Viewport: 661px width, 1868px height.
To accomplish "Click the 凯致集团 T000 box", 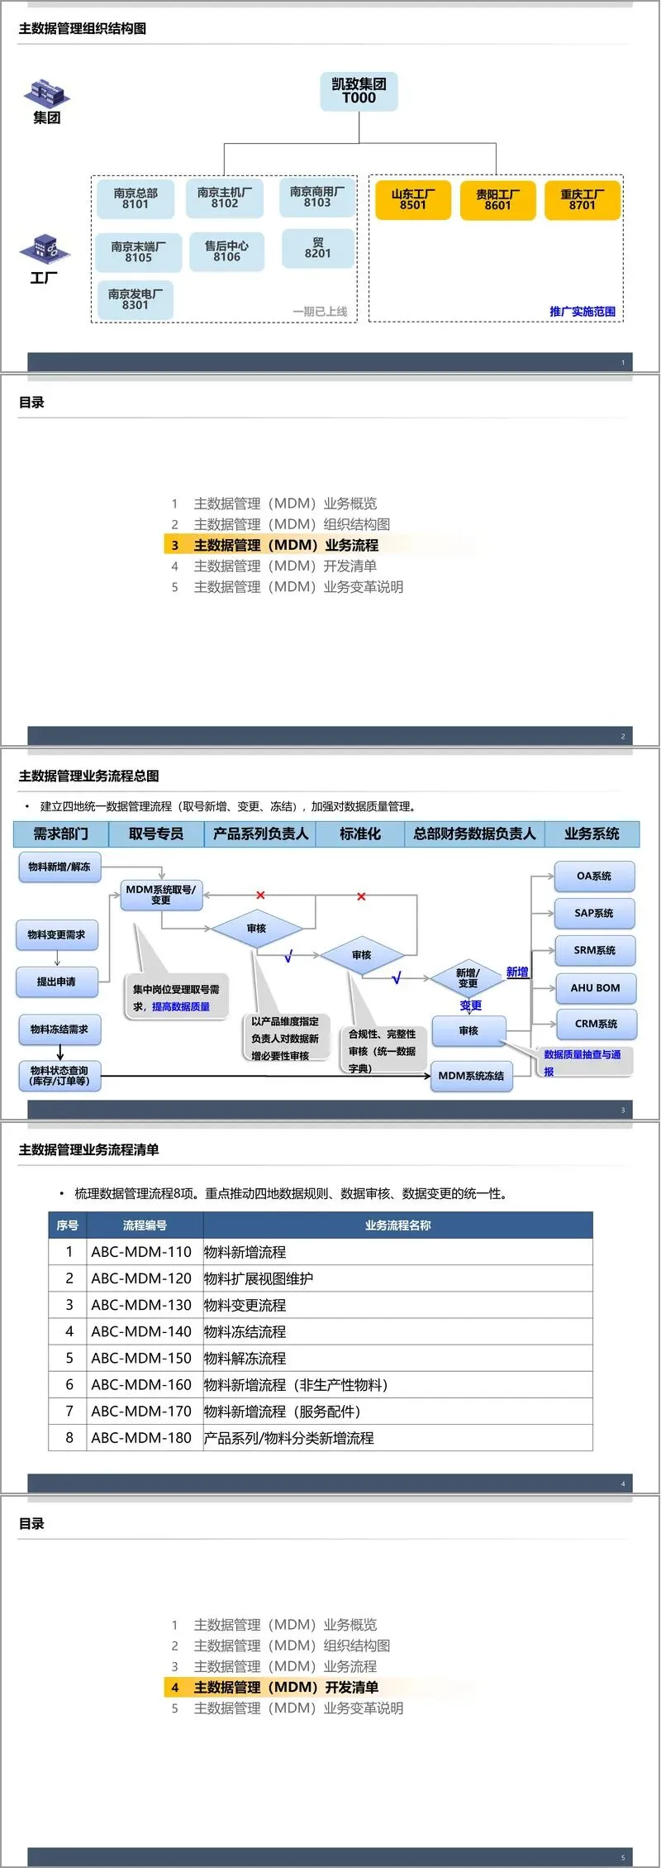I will tap(359, 91).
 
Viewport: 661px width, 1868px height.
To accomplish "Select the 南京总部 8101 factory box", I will tap(136, 198).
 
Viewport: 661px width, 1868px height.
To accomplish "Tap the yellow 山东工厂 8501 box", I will tap(413, 200).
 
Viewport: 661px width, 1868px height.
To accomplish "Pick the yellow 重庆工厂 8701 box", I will tap(582, 200).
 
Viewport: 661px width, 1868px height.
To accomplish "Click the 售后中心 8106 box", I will tap(226, 251).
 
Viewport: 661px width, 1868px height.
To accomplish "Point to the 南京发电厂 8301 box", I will tap(136, 299).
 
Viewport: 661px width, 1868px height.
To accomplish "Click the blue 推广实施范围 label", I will tap(583, 312).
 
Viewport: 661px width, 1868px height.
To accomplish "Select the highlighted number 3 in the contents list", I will tap(175, 546).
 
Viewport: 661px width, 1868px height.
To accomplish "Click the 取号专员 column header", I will tap(156, 834).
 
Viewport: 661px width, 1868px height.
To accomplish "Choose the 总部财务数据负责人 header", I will tap(474, 834).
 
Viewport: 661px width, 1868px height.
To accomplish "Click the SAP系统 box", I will tap(594, 913).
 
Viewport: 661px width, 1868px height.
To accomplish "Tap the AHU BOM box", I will tap(595, 987).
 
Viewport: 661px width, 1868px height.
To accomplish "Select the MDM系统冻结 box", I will tap(471, 1076).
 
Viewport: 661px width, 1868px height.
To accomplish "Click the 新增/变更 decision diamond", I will tap(468, 978).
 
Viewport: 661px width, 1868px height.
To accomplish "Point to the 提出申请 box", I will tap(56, 982).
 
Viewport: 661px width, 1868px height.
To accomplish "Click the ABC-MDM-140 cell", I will tap(141, 1331).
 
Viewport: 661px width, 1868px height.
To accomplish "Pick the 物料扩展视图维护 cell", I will tap(259, 1278).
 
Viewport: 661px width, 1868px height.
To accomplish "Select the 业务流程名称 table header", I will tap(397, 1225).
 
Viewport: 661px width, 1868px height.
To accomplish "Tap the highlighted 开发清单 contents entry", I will tap(286, 1687).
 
